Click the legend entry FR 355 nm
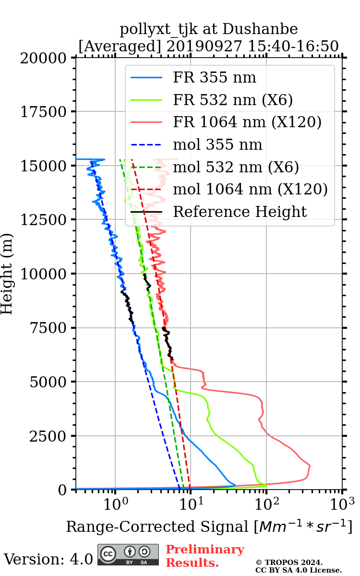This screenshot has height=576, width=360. (215, 77)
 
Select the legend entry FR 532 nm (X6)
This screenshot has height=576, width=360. (233, 100)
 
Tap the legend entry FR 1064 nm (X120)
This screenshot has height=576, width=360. (247, 122)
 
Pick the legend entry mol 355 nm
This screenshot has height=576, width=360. (217, 144)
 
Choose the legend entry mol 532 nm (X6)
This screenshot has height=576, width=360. (236, 167)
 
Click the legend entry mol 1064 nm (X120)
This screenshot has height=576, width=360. (250, 189)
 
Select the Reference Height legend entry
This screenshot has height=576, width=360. (240, 212)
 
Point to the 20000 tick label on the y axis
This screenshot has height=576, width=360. (45, 58)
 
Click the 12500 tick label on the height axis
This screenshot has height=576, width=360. (45, 220)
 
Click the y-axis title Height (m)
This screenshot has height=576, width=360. (8, 274)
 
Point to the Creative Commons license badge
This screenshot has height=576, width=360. (128, 554)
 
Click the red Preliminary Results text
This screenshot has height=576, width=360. (205, 556)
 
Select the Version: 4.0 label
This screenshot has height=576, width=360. (48, 559)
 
